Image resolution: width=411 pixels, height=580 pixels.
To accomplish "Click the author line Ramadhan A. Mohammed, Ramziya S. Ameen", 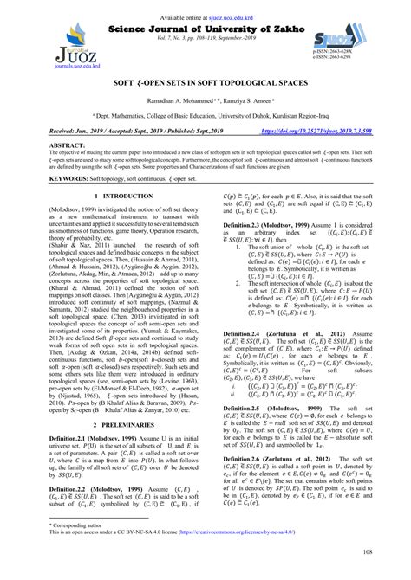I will pos(205,101).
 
